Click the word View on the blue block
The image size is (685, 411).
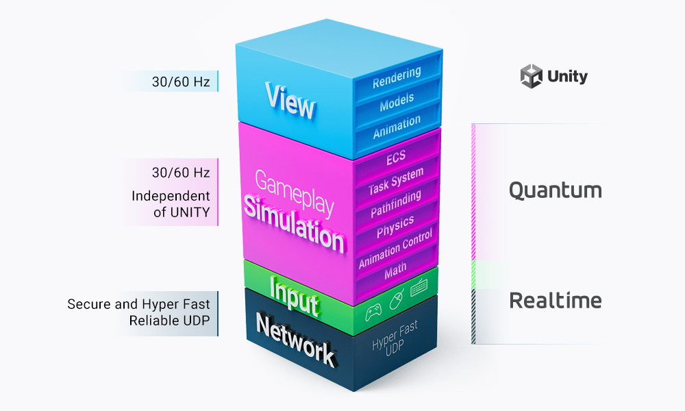tap(290, 101)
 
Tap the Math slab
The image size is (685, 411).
tap(395, 268)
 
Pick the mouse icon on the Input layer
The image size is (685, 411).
tap(396, 299)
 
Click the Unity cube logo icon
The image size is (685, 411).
tap(531, 77)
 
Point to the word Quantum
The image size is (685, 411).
tap(555, 190)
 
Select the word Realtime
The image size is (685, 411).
tap(555, 300)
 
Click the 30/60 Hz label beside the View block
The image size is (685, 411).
tap(181, 82)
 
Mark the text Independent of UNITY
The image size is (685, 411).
tap(171, 204)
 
